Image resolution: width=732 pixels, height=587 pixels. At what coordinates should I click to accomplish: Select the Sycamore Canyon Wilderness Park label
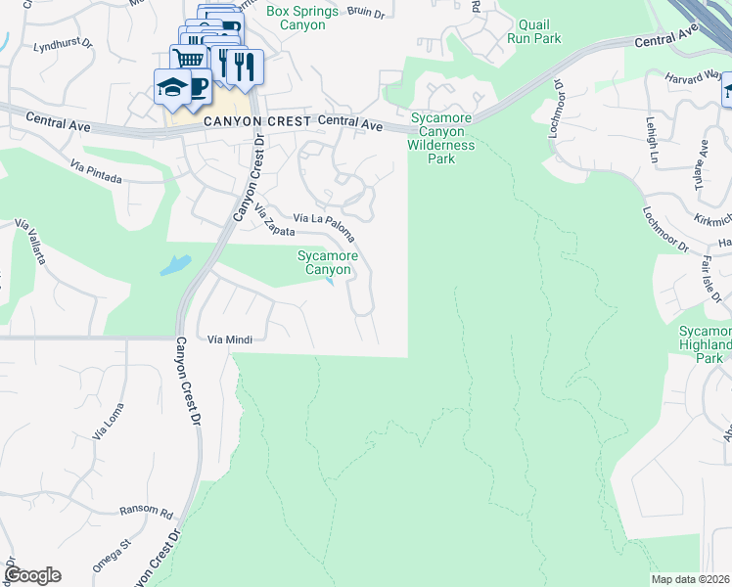[x=441, y=138]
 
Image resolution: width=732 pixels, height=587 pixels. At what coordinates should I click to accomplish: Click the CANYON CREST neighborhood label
[x=258, y=121]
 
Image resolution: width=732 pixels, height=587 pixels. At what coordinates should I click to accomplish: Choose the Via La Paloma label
[x=326, y=226]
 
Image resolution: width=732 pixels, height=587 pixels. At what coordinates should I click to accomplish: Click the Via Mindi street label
[x=230, y=339]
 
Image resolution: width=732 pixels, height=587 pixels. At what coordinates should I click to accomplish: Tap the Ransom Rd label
[x=146, y=511]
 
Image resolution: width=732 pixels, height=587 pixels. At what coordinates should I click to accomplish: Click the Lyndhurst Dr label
[x=61, y=45]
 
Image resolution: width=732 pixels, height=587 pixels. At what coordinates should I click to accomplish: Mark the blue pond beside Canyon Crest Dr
[x=175, y=264]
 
